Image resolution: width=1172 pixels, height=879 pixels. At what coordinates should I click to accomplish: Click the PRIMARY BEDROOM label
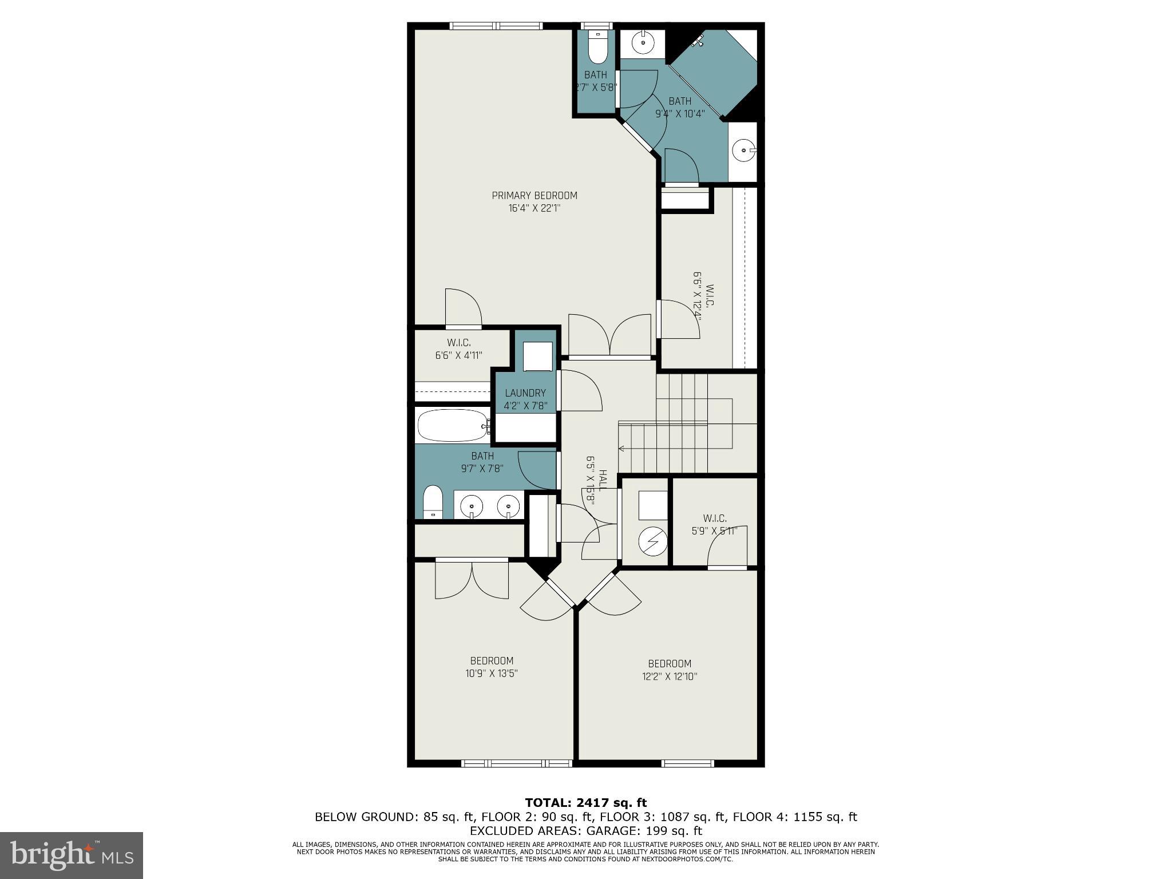pyautogui.click(x=534, y=196)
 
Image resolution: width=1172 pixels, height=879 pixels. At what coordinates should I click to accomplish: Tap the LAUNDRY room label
pyautogui.click(x=525, y=393)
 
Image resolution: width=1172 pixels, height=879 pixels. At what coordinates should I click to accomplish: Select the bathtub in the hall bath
pyautogui.click(x=452, y=425)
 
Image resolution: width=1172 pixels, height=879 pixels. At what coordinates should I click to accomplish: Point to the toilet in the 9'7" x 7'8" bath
pyautogui.click(x=433, y=502)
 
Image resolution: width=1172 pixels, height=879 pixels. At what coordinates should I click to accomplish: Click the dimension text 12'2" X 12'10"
pyautogui.click(x=670, y=676)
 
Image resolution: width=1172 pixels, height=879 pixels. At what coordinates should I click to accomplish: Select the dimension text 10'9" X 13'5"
pyautogui.click(x=492, y=674)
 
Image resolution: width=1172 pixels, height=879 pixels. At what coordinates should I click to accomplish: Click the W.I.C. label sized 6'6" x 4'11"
pyautogui.click(x=458, y=343)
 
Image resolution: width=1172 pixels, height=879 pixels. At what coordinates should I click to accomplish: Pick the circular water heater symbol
pyautogui.click(x=653, y=541)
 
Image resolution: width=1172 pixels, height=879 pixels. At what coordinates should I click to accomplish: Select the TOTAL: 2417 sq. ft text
pyautogui.click(x=585, y=803)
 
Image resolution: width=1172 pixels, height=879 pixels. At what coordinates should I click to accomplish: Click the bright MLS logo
pyautogui.click(x=72, y=856)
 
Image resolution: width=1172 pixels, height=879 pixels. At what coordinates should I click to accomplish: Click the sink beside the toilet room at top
pyautogui.click(x=644, y=42)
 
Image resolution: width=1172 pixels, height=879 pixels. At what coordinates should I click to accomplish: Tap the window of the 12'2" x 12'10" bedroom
pyautogui.click(x=688, y=763)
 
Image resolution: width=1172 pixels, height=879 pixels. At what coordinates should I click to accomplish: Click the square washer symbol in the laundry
pyautogui.click(x=538, y=357)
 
